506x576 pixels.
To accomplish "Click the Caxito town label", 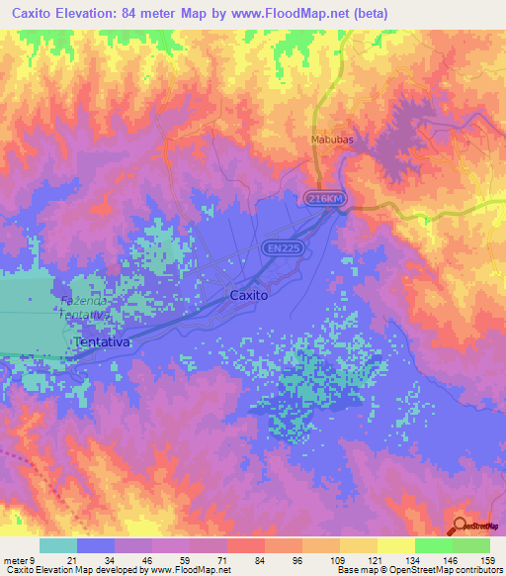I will pos(249,294).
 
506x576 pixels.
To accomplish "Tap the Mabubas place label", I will pos(331,140).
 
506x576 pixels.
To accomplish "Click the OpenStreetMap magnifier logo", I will pos(461,527).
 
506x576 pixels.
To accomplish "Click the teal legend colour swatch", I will pos(57,545).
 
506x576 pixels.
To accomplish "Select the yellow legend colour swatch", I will pos(396,545).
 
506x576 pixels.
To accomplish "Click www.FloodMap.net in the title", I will pos(295,14).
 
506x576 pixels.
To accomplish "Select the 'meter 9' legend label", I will pos(19,559).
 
